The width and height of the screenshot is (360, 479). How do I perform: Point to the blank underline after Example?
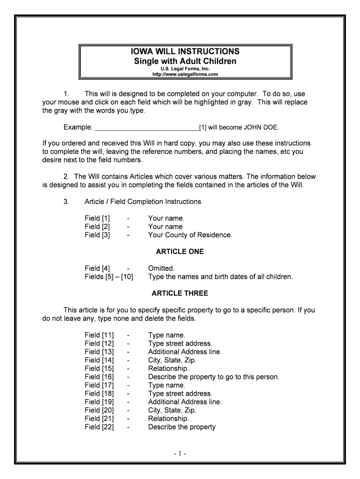tap(147, 127)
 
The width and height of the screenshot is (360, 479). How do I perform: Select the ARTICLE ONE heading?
tap(180, 252)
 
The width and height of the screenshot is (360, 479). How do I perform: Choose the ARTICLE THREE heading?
tap(180, 293)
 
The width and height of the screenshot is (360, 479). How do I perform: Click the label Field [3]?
tap(97, 235)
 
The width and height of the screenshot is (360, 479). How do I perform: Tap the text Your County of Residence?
tap(190, 235)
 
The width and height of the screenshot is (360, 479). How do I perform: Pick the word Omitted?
tap(161, 268)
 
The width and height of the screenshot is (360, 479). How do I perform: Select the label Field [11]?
tap(99, 335)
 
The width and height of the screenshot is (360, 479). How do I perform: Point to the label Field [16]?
tap(99, 377)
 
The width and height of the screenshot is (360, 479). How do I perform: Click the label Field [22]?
tap(99, 427)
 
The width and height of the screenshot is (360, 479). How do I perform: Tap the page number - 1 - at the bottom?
tap(180, 453)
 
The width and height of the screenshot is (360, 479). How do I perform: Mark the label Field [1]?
tap(97, 218)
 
